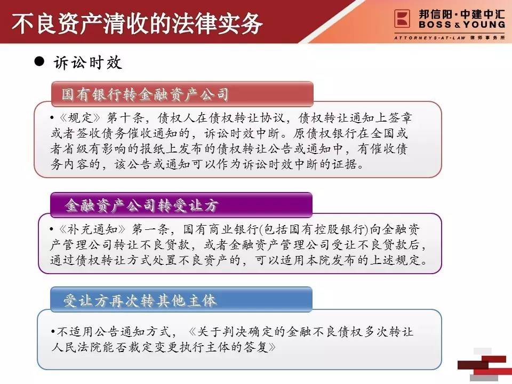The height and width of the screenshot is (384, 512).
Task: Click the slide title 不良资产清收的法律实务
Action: tap(137, 23)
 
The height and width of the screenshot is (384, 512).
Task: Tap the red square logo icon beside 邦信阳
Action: tap(402, 19)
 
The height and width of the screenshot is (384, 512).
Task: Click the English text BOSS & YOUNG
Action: tap(462, 25)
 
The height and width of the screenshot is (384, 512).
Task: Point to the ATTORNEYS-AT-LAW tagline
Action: tap(430, 38)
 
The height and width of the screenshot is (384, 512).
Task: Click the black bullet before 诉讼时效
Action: tap(39, 61)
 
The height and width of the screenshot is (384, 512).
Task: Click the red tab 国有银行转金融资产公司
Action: tap(182, 94)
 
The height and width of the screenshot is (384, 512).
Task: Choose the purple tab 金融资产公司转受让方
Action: tap(181, 205)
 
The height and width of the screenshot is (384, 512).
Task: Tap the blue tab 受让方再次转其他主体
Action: tap(181, 300)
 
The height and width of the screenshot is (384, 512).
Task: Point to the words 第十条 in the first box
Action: tap(125, 118)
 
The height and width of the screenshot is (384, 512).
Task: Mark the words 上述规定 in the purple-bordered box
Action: tap(396, 260)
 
